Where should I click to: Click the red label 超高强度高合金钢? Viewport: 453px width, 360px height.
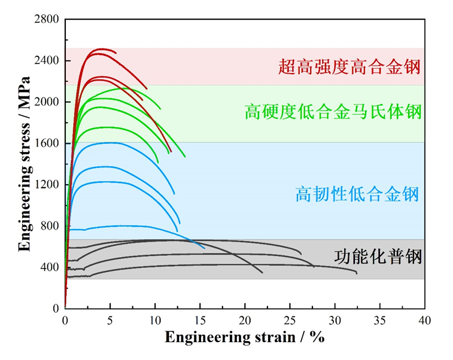click(x=349, y=66)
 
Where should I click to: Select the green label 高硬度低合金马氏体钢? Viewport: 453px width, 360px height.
click(x=333, y=112)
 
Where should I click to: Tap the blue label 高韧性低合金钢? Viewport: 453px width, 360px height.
click(x=357, y=194)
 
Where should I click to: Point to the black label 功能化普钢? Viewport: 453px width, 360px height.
click(x=378, y=258)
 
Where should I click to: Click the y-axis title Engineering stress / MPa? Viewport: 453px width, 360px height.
click(x=24, y=164)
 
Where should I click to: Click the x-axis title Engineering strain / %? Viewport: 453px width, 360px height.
click(x=245, y=337)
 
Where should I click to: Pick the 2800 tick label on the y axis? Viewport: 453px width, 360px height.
click(x=46, y=20)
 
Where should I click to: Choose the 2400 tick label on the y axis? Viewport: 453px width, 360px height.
click(x=46, y=61)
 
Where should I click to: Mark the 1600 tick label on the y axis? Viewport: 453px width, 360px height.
click(x=46, y=144)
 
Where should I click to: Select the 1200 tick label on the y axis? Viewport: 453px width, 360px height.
click(x=46, y=185)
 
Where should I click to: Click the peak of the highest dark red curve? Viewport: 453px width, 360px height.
click(x=102, y=49)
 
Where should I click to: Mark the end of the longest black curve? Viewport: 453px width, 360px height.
click(x=357, y=273)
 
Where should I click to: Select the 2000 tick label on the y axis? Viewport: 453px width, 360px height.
click(x=46, y=102)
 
